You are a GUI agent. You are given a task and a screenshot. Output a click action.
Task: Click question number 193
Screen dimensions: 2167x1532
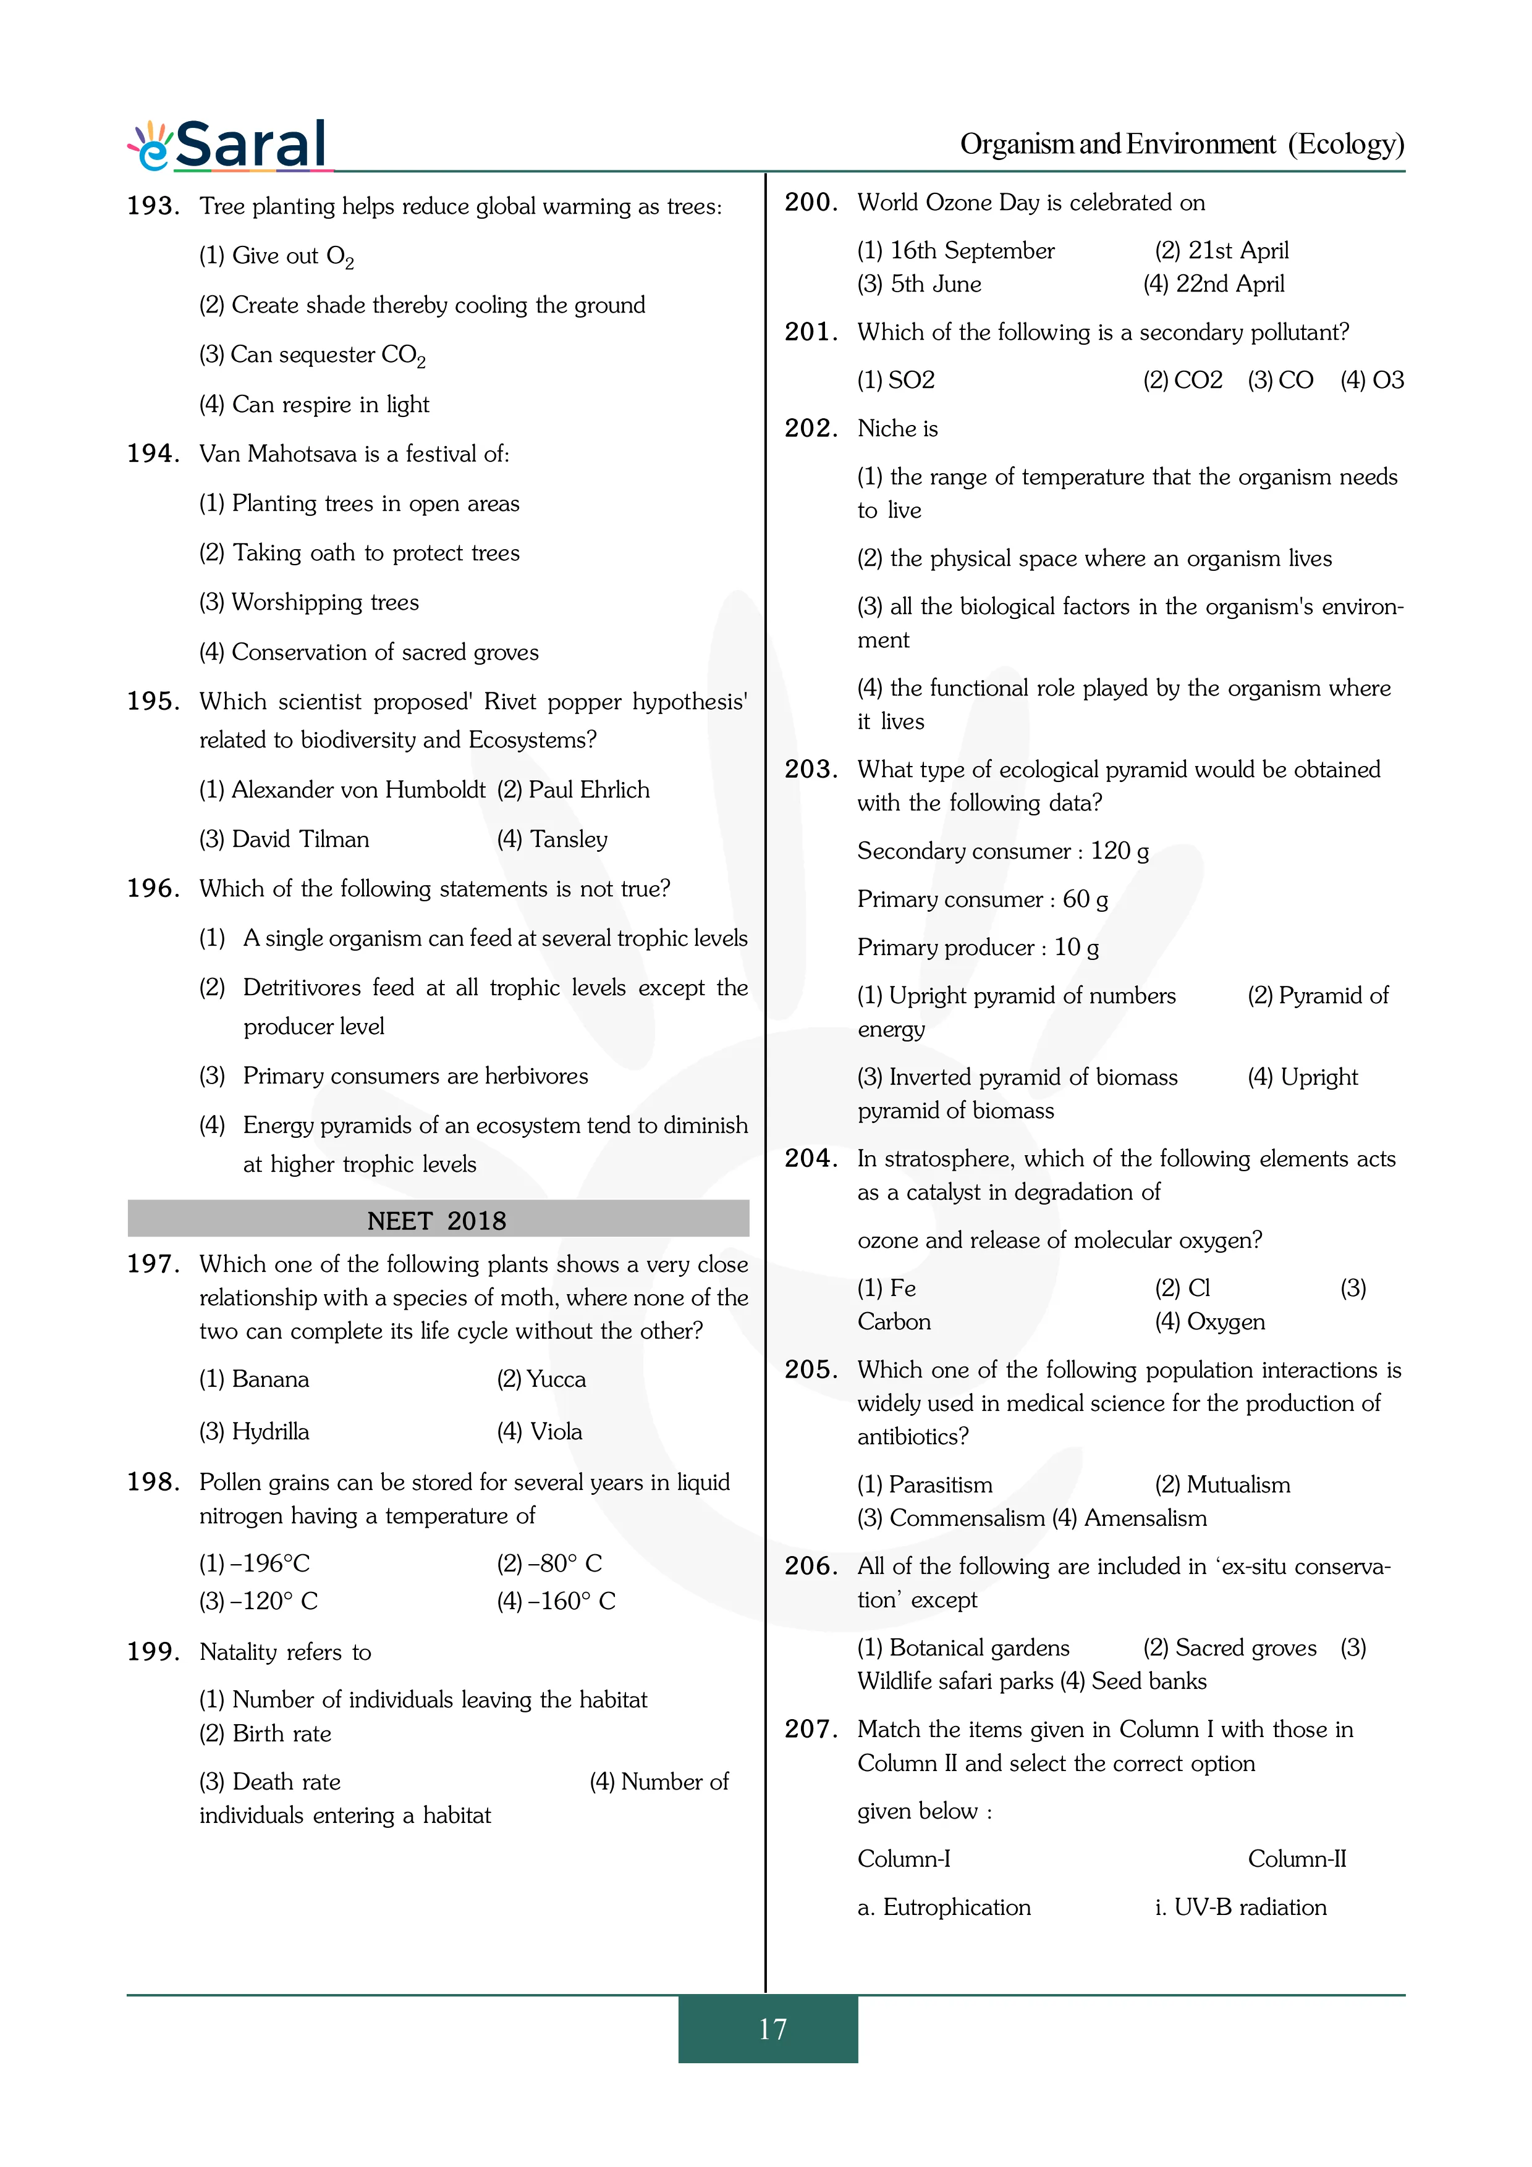click(x=152, y=206)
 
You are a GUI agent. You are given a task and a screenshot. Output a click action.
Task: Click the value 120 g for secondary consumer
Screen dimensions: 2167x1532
click(x=1120, y=851)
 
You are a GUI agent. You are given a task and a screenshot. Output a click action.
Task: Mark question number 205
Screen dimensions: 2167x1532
click(x=811, y=1370)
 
